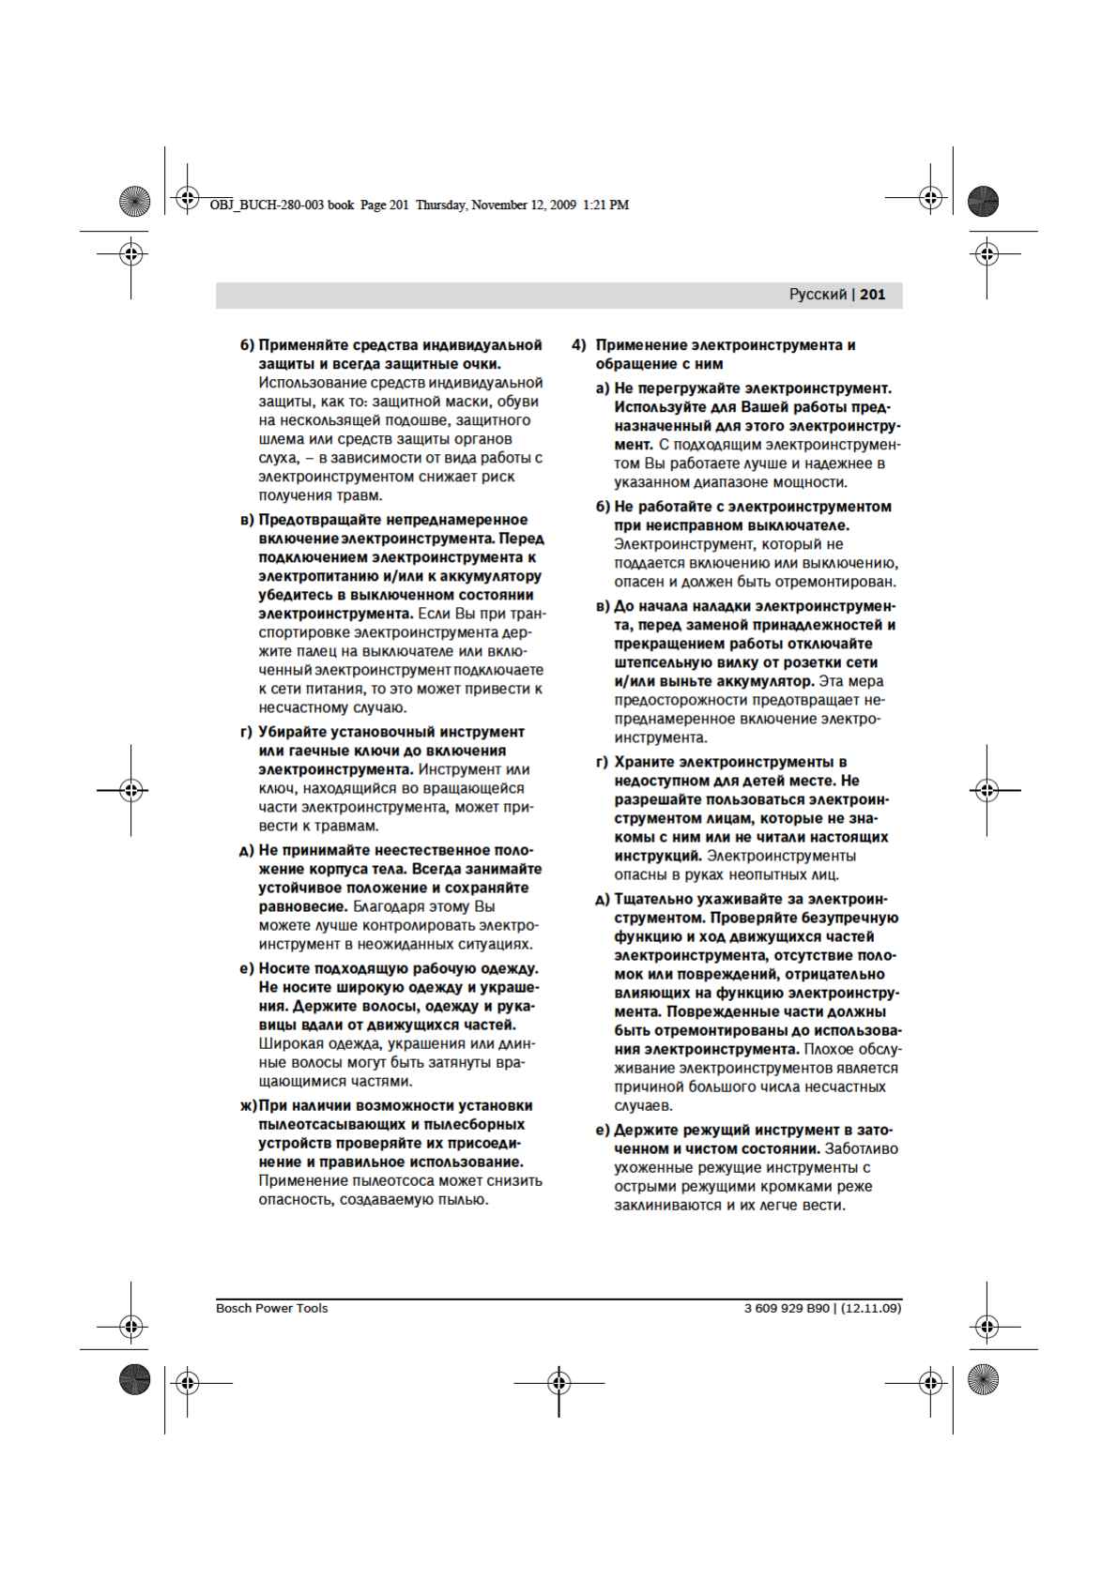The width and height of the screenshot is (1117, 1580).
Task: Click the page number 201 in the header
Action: click(x=872, y=295)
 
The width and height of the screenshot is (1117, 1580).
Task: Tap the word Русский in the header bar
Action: click(x=818, y=295)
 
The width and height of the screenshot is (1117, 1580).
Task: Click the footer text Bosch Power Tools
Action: click(x=271, y=1308)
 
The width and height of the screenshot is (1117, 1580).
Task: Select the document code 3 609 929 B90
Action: click(x=787, y=1308)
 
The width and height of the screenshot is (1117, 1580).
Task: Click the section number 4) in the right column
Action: click(x=579, y=345)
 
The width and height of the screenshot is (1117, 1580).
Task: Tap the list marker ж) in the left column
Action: click(x=248, y=1106)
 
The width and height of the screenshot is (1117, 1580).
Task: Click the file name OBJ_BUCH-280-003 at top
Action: click(x=267, y=205)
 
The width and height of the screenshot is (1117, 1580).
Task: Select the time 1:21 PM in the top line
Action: click(x=605, y=205)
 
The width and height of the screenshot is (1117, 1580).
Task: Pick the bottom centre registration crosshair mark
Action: click(x=558, y=1382)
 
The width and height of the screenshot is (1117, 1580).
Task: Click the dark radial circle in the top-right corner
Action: click(x=983, y=202)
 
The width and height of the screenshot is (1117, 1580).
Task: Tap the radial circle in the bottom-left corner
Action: click(x=135, y=1379)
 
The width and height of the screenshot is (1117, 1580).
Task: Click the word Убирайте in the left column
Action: click(x=293, y=732)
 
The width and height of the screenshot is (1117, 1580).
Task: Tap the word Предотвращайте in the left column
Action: click(x=319, y=520)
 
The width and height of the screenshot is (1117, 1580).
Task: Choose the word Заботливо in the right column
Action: click(x=861, y=1148)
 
